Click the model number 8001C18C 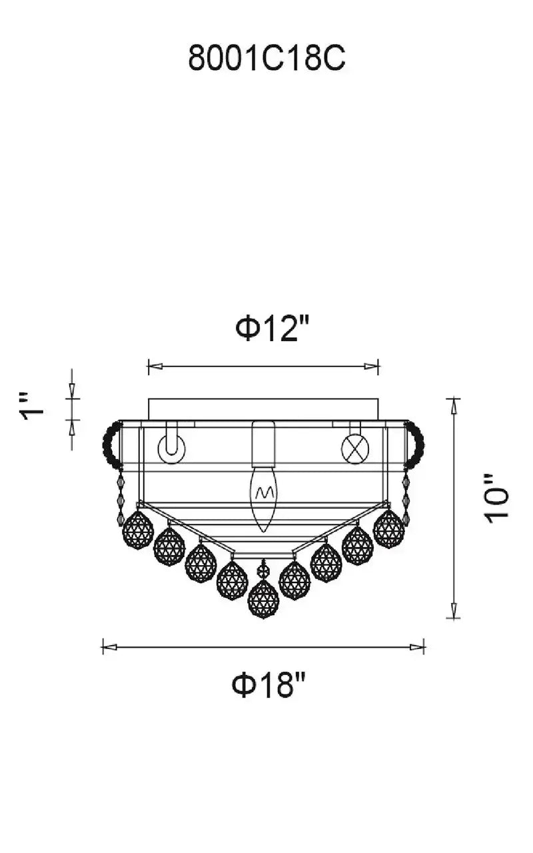point(266,58)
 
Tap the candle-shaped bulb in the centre point(263,499)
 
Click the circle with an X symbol point(355,448)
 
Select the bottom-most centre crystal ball point(263,605)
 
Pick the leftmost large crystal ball point(138,530)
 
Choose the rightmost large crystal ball point(388,529)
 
